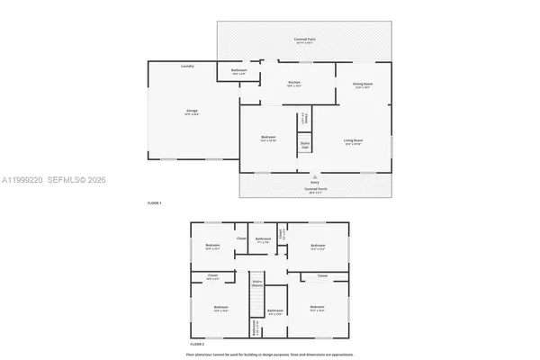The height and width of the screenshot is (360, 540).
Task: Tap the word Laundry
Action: (x=187, y=66)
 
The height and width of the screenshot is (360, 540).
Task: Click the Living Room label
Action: (x=353, y=140)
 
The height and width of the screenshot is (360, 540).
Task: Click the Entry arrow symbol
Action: (x=315, y=177)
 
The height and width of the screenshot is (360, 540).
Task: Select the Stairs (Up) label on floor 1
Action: (x=305, y=144)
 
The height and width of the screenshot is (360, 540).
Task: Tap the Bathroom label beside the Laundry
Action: (x=238, y=70)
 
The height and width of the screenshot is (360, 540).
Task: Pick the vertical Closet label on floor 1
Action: (x=305, y=118)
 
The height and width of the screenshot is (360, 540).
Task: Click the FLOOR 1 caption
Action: (x=154, y=203)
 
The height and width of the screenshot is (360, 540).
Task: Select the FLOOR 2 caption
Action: (x=197, y=345)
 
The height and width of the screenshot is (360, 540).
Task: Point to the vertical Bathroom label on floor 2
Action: (x=255, y=328)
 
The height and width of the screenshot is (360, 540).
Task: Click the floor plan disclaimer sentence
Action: (x=270, y=355)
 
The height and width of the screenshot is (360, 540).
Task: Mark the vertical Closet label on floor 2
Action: (x=282, y=234)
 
